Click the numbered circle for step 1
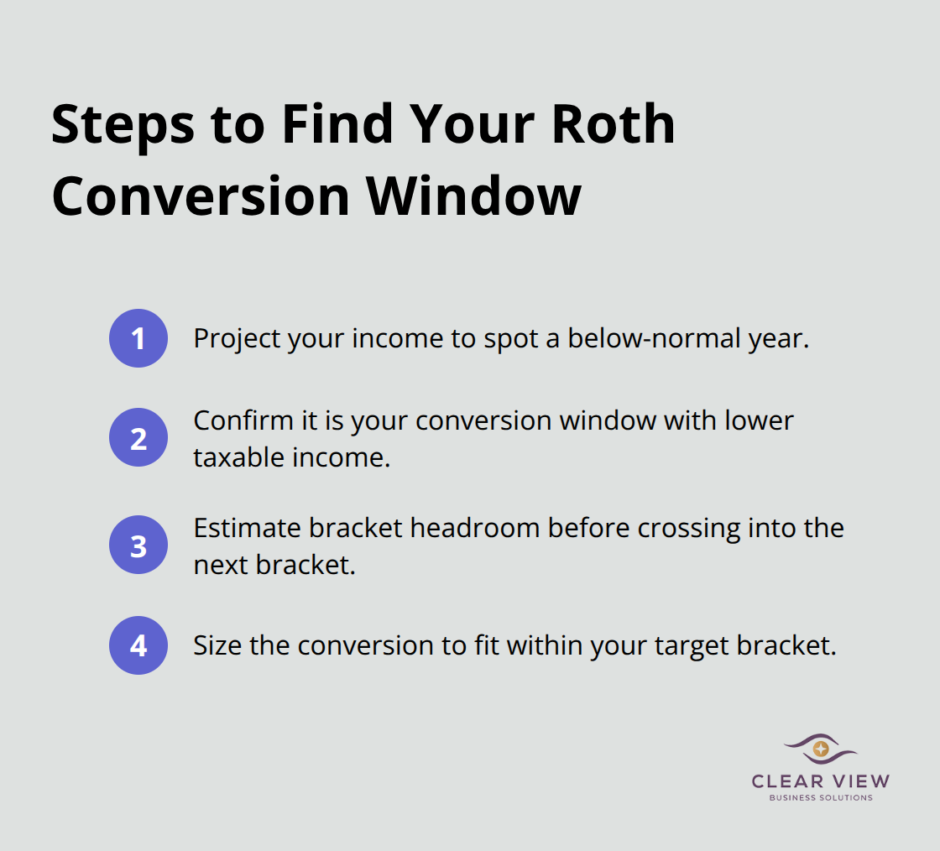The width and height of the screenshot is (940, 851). pyautogui.click(x=138, y=338)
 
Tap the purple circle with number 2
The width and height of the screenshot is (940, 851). pyautogui.click(x=138, y=437)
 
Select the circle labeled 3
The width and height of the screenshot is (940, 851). pyautogui.click(x=138, y=546)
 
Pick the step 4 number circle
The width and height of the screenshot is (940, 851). pyautogui.click(x=138, y=645)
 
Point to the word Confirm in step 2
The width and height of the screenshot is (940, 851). pyautogui.click(x=243, y=420)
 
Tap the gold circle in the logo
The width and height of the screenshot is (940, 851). pyautogui.click(x=821, y=748)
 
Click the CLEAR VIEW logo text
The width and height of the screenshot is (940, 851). pyautogui.click(x=821, y=781)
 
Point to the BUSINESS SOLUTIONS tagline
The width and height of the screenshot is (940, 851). pyautogui.click(x=821, y=798)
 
